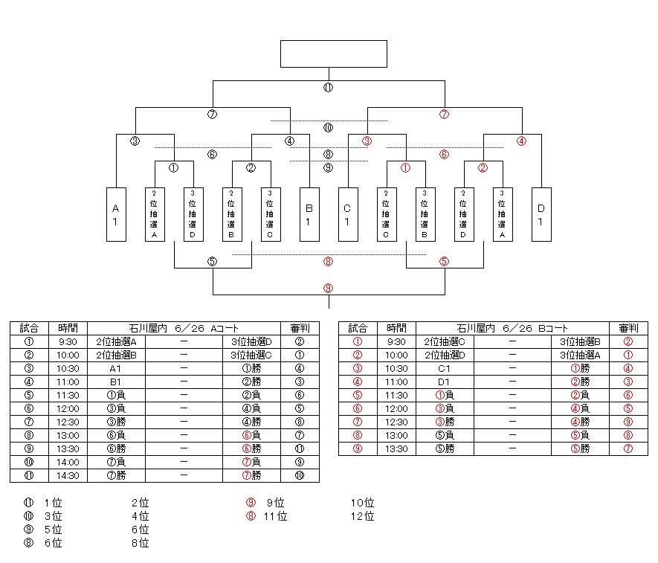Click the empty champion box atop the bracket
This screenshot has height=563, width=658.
coord(333,54)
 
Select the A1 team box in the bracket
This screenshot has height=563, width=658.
coord(115,214)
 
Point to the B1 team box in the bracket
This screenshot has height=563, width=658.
coord(309,214)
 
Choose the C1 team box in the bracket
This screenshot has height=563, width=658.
coord(347,214)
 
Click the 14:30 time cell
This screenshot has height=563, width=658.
coord(68,475)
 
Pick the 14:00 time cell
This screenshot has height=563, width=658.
coord(68,462)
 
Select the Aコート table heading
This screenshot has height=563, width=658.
coord(183,328)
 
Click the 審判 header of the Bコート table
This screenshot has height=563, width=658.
coord(628,328)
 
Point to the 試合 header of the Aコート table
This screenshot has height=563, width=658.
coord(29,328)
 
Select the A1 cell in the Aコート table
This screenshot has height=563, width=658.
coord(115,368)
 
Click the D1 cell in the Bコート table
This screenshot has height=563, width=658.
coord(444,382)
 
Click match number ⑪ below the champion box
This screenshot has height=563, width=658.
coord(328,88)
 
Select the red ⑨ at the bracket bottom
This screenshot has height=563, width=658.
coord(328,288)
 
